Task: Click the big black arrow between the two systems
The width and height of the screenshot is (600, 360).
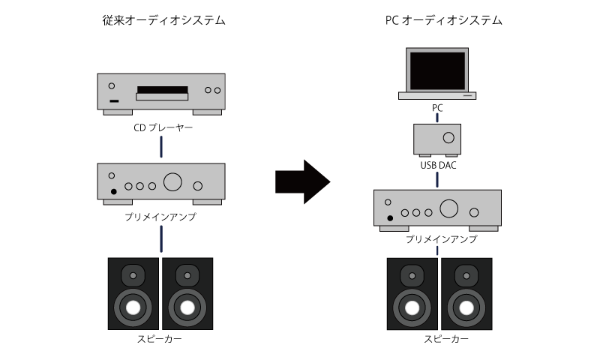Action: tap(303, 181)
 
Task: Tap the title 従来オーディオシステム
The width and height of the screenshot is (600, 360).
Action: tap(163, 20)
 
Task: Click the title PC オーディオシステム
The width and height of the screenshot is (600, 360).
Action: tap(443, 20)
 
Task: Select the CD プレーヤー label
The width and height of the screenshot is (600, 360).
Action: tap(163, 127)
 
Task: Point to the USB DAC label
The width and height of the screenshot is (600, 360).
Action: tap(438, 165)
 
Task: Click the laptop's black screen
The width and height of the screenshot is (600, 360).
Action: tap(437, 70)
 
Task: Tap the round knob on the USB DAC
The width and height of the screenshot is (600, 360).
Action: tap(448, 138)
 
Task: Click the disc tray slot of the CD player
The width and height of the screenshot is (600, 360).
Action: tap(163, 90)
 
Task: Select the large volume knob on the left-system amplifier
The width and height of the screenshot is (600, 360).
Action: tap(172, 181)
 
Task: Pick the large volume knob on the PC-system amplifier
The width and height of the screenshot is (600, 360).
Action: tap(448, 208)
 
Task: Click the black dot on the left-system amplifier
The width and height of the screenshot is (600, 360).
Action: tap(114, 192)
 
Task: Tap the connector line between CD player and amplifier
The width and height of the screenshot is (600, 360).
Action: tap(161, 146)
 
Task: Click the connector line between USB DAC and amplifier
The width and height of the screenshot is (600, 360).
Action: tap(437, 179)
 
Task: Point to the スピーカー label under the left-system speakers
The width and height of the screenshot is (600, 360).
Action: tap(160, 339)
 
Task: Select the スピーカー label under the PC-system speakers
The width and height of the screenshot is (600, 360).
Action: tap(446, 339)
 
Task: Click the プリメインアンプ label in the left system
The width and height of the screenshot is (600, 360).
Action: tap(160, 217)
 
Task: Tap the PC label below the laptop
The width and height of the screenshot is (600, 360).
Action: tap(437, 108)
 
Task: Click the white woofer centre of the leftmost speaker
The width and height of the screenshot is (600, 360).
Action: tap(133, 308)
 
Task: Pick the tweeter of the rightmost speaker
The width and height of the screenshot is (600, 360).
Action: tap(466, 275)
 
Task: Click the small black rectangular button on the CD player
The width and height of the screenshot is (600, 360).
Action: tap(114, 101)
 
